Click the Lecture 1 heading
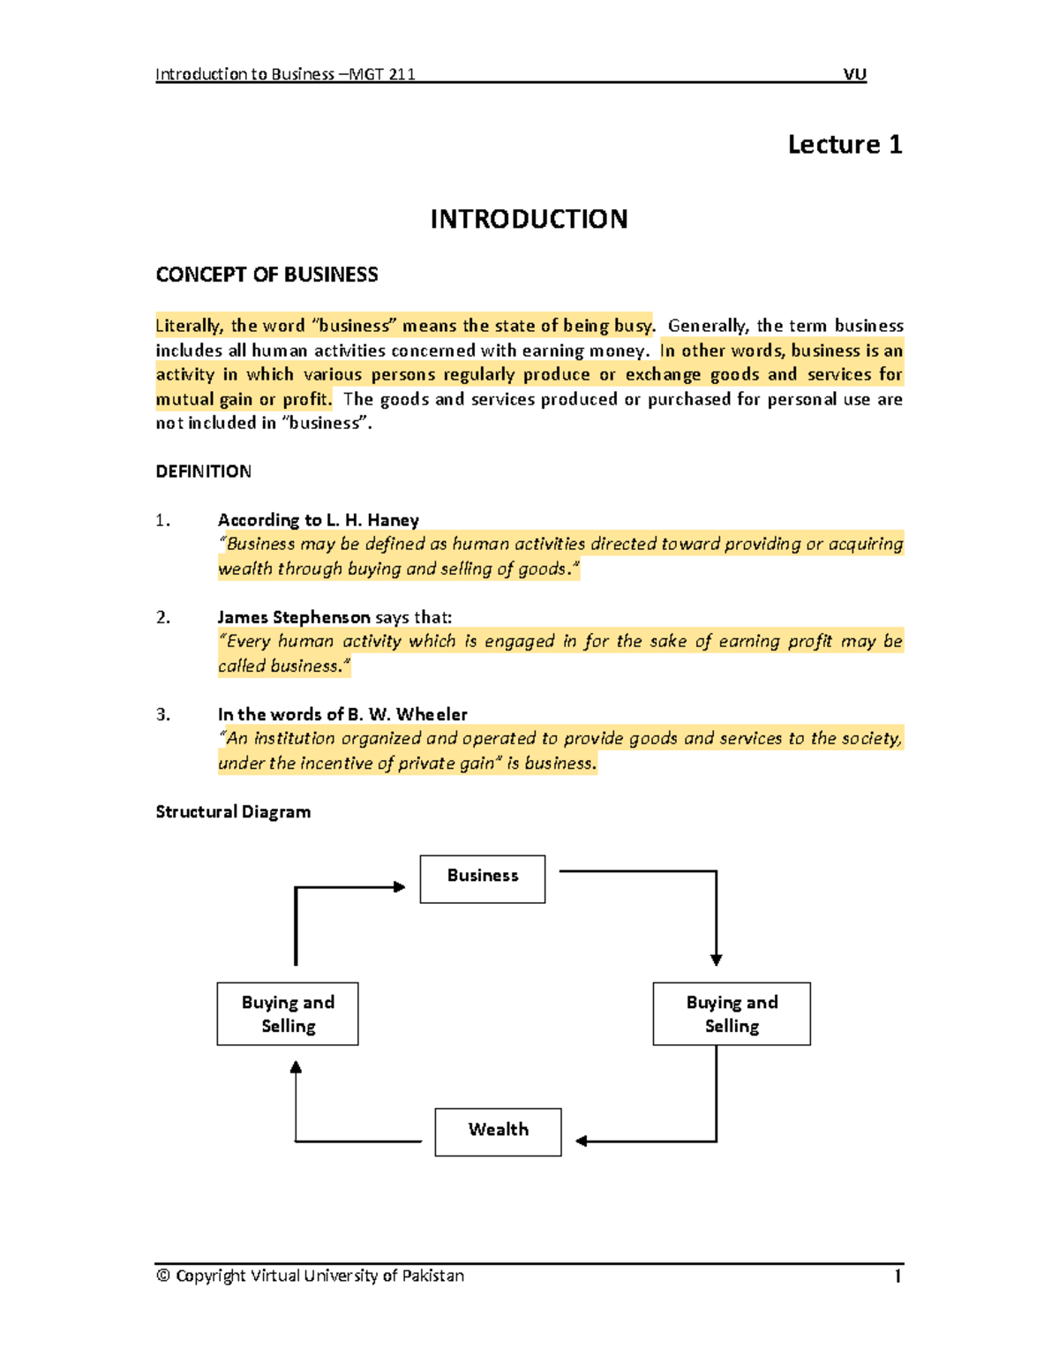(845, 145)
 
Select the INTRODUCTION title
(529, 219)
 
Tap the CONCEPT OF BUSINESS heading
(267, 275)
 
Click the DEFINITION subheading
(203, 471)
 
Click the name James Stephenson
(294, 617)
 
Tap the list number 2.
(162, 617)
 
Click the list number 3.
(162, 714)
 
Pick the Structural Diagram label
(233, 811)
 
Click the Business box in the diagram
(483, 878)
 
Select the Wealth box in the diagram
(498, 1132)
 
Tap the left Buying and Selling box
(288, 1013)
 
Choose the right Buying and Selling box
(732, 1013)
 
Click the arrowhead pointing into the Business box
(400, 887)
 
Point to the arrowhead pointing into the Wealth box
(582, 1141)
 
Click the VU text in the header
(854, 74)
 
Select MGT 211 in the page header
(382, 74)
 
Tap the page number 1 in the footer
(898, 1276)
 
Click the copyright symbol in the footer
(163, 1276)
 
